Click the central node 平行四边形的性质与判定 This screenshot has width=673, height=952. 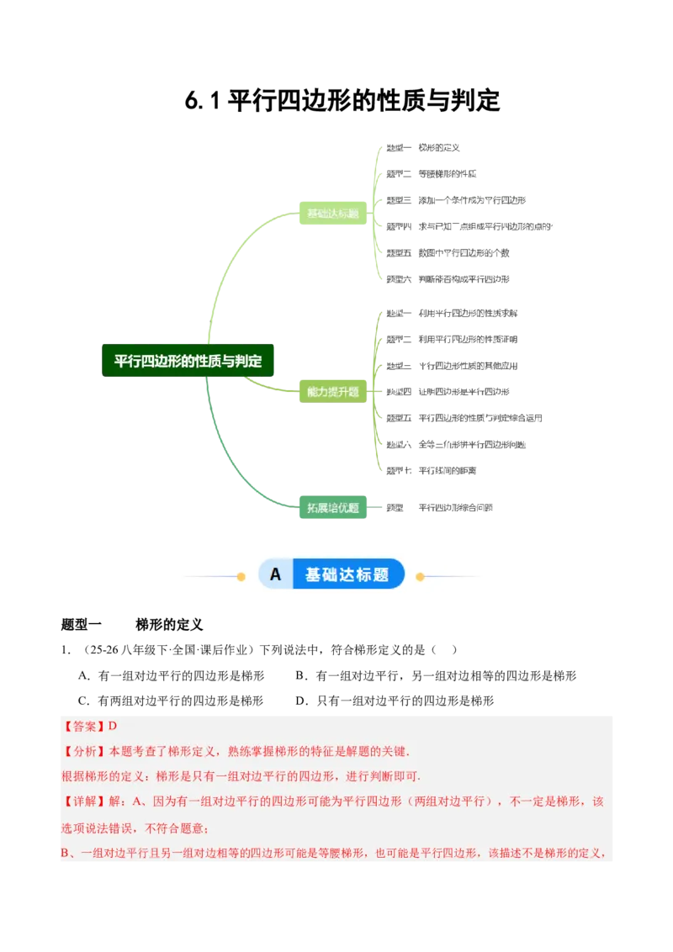(188, 362)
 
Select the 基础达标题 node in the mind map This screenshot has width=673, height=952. (333, 214)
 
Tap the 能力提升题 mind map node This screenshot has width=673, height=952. (333, 391)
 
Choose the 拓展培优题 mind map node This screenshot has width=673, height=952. (333, 508)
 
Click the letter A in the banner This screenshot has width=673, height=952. (275, 575)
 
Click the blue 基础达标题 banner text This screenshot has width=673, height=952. (347, 575)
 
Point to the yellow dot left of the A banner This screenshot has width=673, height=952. (241, 577)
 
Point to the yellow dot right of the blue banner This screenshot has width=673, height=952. (421, 577)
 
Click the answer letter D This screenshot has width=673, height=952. (112, 727)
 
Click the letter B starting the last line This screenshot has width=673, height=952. (66, 854)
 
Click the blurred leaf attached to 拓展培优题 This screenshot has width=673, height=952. (441, 506)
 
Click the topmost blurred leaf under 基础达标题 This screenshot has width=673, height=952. (425, 148)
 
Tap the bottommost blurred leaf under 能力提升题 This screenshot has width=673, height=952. (431, 470)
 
